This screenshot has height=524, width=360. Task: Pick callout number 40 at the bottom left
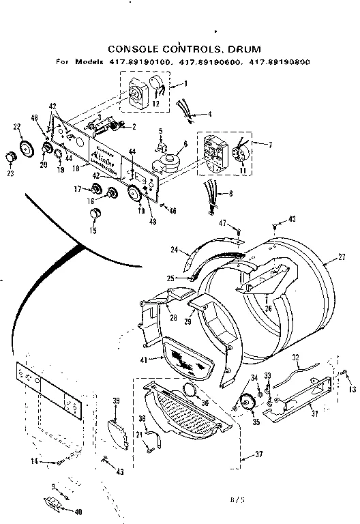click(x=78, y=512)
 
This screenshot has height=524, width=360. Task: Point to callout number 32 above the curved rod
click(x=295, y=355)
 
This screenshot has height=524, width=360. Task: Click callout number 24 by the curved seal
click(x=175, y=250)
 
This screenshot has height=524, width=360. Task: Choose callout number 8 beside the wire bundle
click(x=229, y=194)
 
